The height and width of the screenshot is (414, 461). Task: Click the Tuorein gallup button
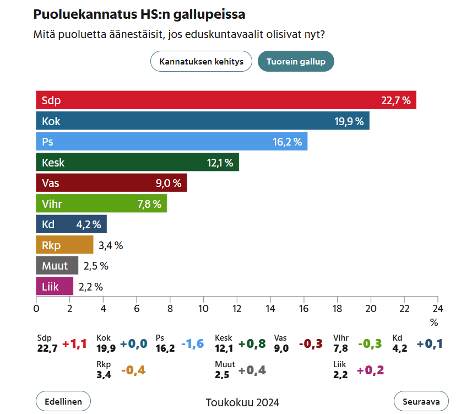click(x=296, y=61)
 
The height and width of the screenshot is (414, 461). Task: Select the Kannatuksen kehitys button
click(x=201, y=61)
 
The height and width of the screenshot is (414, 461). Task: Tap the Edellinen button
click(x=63, y=401)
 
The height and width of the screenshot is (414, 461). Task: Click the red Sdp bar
click(x=226, y=100)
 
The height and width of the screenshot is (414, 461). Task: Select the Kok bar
click(x=202, y=121)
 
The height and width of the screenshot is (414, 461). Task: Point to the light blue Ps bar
click(x=171, y=142)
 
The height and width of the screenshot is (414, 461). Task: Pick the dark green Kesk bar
click(x=137, y=163)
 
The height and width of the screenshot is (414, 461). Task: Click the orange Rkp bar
click(x=64, y=245)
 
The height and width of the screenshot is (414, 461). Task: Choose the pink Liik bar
click(x=55, y=287)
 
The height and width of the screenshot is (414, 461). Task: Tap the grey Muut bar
click(x=57, y=266)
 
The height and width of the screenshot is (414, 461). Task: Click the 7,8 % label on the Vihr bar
click(x=149, y=204)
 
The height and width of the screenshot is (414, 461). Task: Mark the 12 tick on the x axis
click(x=237, y=308)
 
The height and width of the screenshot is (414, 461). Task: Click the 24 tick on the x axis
click(x=437, y=308)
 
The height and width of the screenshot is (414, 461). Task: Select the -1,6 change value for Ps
click(x=193, y=344)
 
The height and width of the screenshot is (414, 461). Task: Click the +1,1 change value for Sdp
click(x=74, y=344)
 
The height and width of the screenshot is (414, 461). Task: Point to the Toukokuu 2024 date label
click(x=242, y=402)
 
